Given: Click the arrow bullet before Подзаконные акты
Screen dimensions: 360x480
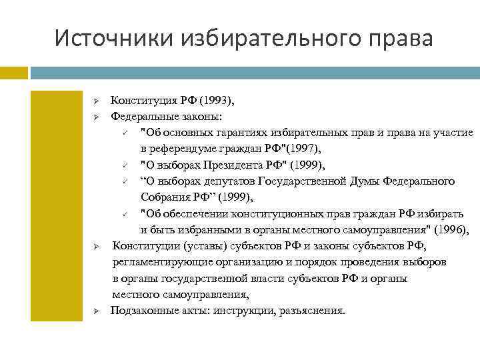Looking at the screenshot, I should tap(96, 311).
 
